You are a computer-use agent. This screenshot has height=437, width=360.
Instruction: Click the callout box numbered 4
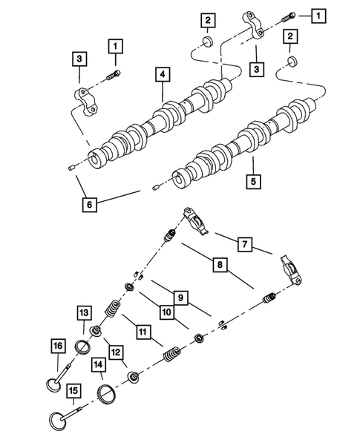[160, 74]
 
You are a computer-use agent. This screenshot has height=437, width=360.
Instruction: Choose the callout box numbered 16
[56, 344]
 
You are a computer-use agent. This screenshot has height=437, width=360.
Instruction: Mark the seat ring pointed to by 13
[85, 346]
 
